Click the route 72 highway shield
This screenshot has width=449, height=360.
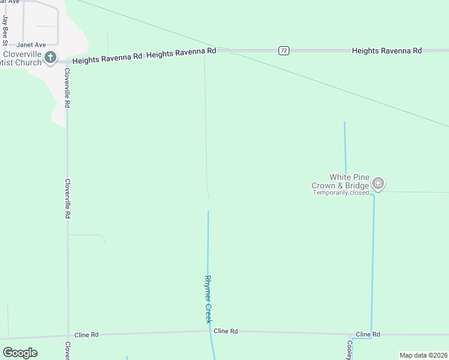tap(284, 51)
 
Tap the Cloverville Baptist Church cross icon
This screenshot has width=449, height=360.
tap(50, 58)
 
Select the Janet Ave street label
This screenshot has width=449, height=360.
tap(31, 44)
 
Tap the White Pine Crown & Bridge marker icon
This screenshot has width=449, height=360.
tap(378, 182)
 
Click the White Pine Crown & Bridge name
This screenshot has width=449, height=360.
tap(340, 181)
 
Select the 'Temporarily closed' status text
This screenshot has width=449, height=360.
tap(341, 193)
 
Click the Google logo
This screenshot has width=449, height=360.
tap(20, 352)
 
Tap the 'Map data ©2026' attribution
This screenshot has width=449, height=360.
tap(423, 355)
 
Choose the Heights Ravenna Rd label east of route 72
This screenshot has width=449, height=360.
tap(387, 51)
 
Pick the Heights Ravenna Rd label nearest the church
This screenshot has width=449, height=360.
tap(107, 56)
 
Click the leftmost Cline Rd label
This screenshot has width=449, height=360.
tap(86, 335)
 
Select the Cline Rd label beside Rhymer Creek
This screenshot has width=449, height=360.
tap(226, 331)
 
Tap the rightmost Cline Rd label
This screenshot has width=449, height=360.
tap(368, 334)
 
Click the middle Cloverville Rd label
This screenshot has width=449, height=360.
tap(68, 198)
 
